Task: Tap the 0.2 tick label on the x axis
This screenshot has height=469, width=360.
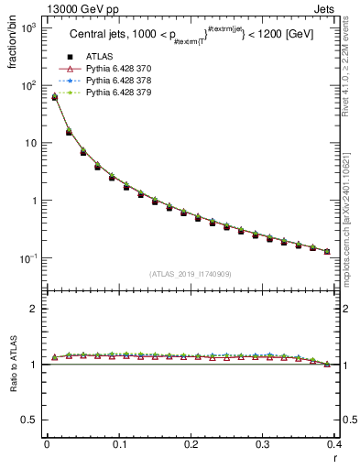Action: click(191, 445)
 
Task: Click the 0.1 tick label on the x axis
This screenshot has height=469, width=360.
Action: click(118, 445)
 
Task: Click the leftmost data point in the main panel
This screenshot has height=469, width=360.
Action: click(54, 96)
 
